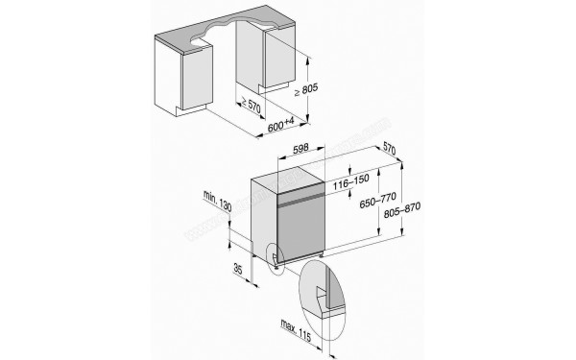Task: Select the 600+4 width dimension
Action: (281, 126)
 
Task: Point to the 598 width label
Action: (300, 149)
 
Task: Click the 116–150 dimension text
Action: (350, 181)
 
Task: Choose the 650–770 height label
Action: (377, 201)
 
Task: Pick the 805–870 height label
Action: (402, 209)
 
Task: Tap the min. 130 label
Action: (218, 201)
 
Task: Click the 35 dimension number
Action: (238, 269)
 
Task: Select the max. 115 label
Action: (296, 329)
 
